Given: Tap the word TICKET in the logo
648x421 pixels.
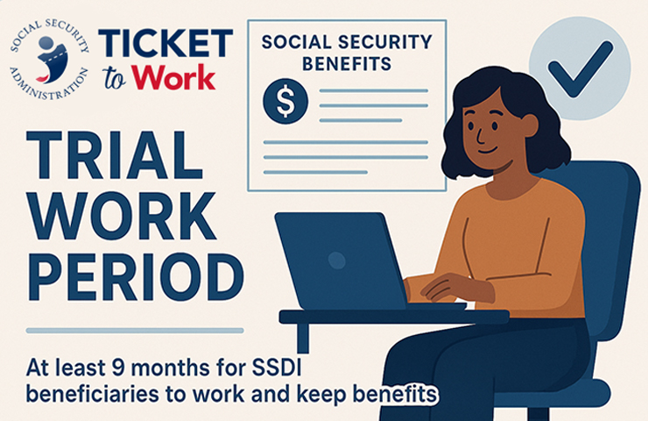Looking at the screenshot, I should pyautogui.click(x=166, y=42).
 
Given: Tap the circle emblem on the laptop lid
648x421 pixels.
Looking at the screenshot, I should pyautogui.click(x=335, y=260).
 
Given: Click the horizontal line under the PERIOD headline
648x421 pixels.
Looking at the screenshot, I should pyautogui.click(x=135, y=331).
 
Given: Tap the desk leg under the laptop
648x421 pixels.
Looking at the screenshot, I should pyautogui.click(x=303, y=338).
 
